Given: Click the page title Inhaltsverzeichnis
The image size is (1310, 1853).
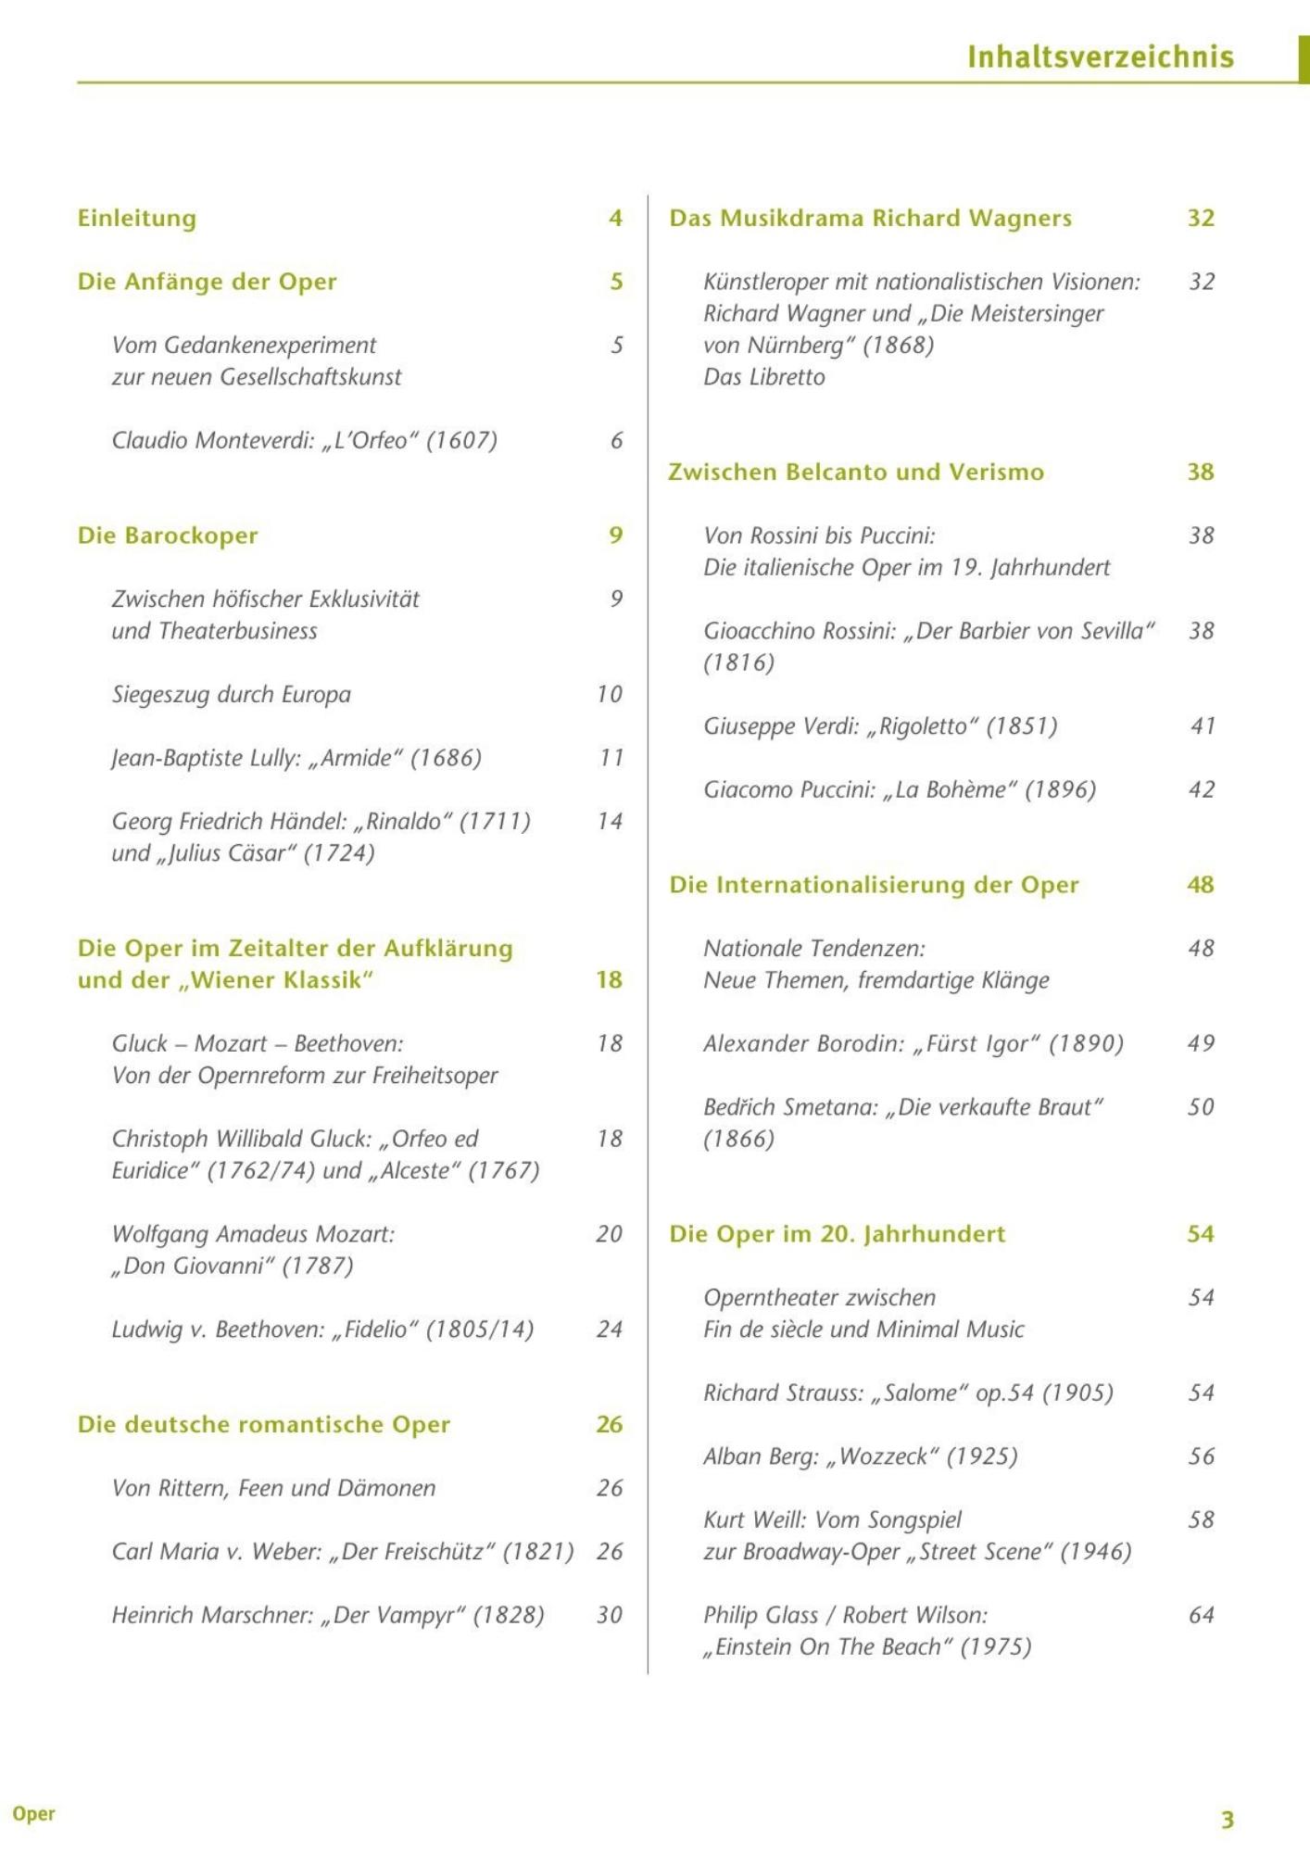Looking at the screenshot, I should click(1100, 57).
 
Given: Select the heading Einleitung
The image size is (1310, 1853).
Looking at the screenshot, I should click(137, 218).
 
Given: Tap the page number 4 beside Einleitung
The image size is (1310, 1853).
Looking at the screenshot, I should click(615, 218).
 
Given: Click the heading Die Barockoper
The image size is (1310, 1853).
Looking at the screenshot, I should click(168, 536).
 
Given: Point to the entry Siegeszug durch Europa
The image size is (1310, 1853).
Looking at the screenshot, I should click(232, 694).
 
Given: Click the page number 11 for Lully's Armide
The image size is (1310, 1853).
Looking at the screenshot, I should click(611, 758).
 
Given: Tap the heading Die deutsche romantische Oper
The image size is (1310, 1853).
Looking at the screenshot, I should click(264, 1424).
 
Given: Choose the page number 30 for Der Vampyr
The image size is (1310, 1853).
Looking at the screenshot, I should click(609, 1615).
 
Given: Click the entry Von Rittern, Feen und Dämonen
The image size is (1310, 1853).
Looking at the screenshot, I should click(273, 1488).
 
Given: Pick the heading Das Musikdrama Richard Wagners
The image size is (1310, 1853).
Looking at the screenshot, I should click(870, 218).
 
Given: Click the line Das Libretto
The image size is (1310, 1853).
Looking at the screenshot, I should click(763, 377).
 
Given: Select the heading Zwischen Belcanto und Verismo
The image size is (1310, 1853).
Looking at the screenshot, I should click(856, 472).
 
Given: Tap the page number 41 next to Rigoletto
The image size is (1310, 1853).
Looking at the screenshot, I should click(1202, 726).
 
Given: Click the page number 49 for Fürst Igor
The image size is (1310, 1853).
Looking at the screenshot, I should click(1201, 1043).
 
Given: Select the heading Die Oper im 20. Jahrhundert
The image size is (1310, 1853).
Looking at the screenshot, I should click(837, 1234).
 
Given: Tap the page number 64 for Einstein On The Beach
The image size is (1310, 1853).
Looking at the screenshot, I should click(1201, 1615).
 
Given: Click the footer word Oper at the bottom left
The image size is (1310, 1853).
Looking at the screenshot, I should click(34, 1814).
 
